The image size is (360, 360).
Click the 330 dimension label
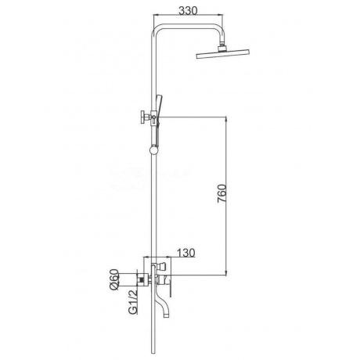point(189,10)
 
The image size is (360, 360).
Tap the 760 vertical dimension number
point(222,193)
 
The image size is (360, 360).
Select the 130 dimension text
point(186,253)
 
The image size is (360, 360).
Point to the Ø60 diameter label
point(114,279)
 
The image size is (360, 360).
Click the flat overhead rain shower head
point(223,54)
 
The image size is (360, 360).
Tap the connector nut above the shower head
point(222,47)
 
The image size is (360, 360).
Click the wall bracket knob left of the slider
point(144,117)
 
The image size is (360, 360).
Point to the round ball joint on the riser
point(153,150)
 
